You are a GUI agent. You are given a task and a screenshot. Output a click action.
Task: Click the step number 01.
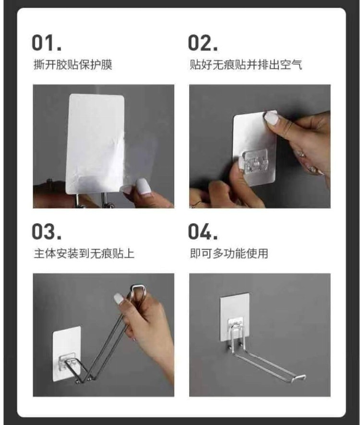point(47,43)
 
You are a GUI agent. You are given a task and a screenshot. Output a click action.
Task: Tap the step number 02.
point(203,43)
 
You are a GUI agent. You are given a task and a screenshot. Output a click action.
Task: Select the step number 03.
point(47,231)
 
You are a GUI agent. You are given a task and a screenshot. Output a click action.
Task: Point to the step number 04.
point(203,231)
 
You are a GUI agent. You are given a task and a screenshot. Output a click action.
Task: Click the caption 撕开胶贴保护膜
point(72,65)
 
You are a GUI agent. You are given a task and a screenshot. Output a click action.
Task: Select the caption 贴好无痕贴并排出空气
point(246,65)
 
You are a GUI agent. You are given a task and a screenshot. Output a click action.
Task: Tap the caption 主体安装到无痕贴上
point(84,254)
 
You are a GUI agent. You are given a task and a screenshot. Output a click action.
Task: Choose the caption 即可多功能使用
point(229,254)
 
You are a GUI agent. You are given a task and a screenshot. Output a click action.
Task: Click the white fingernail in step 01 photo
point(142,186)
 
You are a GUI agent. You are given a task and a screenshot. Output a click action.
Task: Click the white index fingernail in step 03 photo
point(119,299)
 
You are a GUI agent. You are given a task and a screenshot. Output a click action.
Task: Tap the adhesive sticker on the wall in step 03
point(67,353)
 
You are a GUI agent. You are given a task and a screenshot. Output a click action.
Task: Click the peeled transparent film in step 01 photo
point(141,157)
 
